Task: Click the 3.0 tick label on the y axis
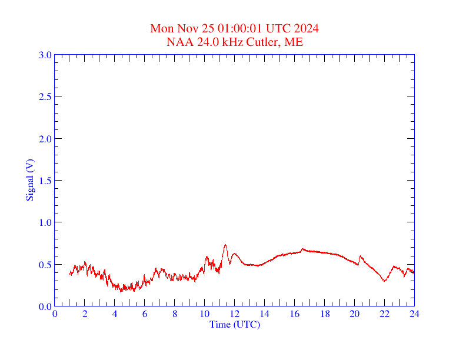(45, 55)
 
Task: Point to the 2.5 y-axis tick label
(45, 96)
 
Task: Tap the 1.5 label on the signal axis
(45, 181)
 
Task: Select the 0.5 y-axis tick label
(45, 265)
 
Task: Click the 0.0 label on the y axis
(45, 306)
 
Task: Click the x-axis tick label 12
(235, 314)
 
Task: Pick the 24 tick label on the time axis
(414, 314)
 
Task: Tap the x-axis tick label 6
(145, 314)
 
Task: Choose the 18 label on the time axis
(324, 314)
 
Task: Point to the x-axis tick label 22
(384, 314)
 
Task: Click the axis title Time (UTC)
(235, 324)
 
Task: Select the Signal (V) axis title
(29, 180)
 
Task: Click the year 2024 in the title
(306, 28)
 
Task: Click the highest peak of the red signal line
(225, 245)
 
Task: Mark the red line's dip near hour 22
(384, 281)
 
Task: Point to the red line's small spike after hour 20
(360, 256)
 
